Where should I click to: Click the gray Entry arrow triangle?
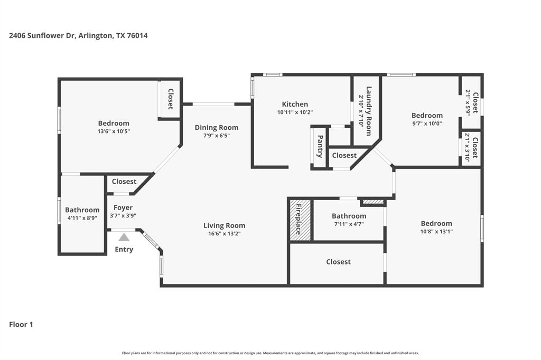124,238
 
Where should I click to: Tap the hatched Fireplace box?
299,220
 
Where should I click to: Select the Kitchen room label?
295,104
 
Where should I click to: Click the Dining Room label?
216,127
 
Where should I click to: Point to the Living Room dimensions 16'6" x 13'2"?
225,233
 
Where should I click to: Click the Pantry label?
320,147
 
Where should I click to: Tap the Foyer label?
123,207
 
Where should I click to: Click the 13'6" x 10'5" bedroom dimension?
113,131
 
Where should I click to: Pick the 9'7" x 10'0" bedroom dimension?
427,124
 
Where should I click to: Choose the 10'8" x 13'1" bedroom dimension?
436,231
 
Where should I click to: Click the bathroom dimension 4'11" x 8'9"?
82,217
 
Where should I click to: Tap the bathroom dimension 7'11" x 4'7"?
349,224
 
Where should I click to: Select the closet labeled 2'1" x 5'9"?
468,102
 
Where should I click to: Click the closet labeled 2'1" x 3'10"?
468,148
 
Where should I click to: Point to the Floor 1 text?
21,325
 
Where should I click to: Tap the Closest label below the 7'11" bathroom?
338,262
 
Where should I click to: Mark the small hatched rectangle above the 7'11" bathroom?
373,202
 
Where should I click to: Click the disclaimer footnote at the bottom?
270,353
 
